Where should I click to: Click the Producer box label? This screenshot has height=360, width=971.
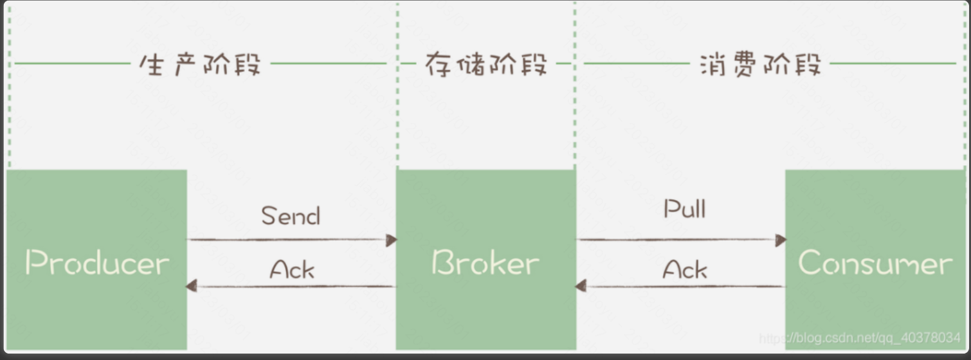point(97,263)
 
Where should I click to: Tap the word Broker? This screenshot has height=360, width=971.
point(485,263)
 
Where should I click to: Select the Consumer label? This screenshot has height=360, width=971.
point(875,263)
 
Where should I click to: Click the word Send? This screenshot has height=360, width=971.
point(291,216)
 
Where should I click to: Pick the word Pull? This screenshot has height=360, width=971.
point(684,208)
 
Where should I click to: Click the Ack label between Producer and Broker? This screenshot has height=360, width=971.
point(292,269)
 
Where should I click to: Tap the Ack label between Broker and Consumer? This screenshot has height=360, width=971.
point(685,269)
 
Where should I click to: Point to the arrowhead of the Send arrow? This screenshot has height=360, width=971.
point(392,240)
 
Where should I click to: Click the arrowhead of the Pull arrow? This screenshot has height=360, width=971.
point(781,240)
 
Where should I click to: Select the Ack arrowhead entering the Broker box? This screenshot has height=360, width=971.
point(581,286)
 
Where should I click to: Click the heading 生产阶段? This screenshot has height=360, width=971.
point(200,64)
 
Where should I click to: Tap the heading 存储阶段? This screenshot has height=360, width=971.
point(486,64)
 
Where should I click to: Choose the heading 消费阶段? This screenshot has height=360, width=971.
point(760,64)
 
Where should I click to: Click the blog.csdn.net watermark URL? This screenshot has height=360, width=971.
point(860,337)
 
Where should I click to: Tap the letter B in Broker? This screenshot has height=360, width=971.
point(442,263)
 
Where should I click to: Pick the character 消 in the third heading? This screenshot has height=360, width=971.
point(712,64)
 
